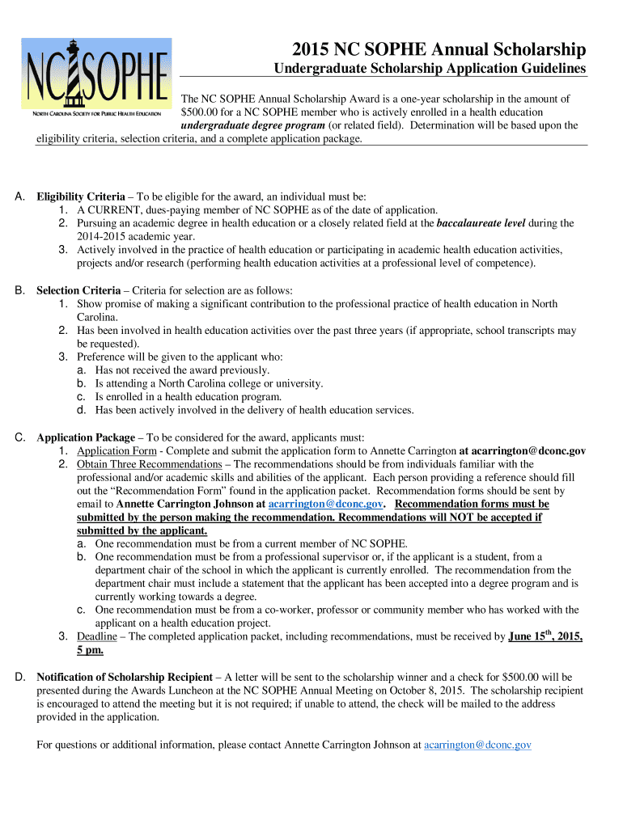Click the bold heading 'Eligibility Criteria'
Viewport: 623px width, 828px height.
pyautogui.click(x=81, y=196)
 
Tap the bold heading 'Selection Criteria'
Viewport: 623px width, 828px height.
pyautogui.click(x=79, y=290)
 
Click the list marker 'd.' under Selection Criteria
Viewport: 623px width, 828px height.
pyautogui.click(x=82, y=410)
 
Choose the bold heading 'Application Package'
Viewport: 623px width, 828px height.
pyautogui.click(x=86, y=437)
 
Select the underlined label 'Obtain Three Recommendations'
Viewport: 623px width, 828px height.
pyautogui.click(x=149, y=464)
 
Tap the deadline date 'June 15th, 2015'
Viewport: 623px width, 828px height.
pyautogui.click(x=545, y=636)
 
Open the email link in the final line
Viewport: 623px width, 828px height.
pyautogui.click(x=477, y=744)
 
